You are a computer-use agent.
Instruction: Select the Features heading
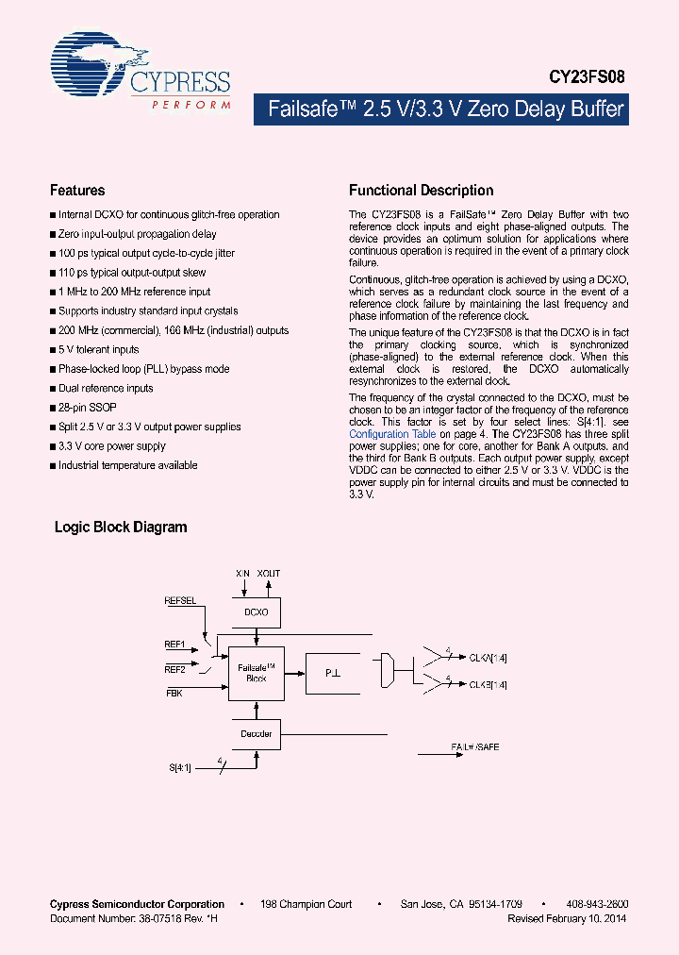pyautogui.click(x=77, y=190)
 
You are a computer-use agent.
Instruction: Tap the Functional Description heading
pyautogui.click(x=421, y=190)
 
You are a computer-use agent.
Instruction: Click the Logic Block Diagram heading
pyautogui.click(x=121, y=528)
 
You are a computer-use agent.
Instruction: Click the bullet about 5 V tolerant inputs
pyautogui.click(x=98, y=349)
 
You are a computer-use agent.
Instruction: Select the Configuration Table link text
pyautogui.click(x=392, y=434)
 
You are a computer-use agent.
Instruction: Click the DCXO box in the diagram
pyautogui.click(x=256, y=612)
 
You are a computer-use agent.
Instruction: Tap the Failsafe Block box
pyautogui.click(x=256, y=673)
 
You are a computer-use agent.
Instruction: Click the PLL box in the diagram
pyautogui.click(x=332, y=674)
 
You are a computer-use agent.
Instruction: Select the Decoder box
pyautogui.click(x=256, y=734)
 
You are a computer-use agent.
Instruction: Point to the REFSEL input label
pyautogui.click(x=180, y=600)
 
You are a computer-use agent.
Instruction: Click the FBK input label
pyautogui.click(x=174, y=693)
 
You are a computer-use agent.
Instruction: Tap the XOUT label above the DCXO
pyautogui.click(x=269, y=573)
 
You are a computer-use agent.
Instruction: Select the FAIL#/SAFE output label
pyautogui.click(x=475, y=746)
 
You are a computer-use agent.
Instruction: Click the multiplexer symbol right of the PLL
pyautogui.click(x=385, y=673)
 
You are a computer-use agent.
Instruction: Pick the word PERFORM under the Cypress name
pyautogui.click(x=191, y=105)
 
